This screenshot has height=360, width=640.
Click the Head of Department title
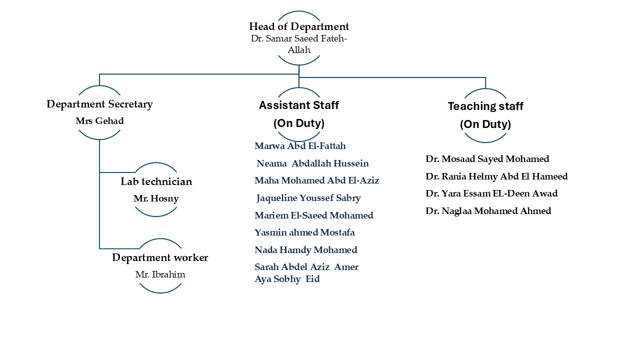(299, 26)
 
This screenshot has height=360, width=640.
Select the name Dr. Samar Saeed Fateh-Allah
(299, 44)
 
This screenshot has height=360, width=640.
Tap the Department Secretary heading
(99, 104)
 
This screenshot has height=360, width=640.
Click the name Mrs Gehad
(99, 121)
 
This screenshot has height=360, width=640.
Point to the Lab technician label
(156, 181)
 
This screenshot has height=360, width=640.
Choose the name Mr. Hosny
(156, 198)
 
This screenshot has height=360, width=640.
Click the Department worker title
(160, 257)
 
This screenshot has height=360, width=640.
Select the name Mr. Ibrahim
(160, 274)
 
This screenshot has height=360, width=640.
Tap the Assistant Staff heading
(299, 105)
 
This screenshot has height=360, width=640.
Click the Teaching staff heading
(485, 106)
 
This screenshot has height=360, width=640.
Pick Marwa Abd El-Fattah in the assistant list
(300, 146)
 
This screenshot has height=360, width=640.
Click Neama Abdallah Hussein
(312, 163)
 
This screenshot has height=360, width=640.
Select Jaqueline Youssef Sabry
(308, 198)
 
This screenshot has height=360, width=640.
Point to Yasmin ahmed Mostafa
(304, 232)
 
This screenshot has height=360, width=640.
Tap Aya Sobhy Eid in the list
(287, 279)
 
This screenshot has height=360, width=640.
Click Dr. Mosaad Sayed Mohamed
(487, 159)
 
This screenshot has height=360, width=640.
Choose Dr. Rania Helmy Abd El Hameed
(496, 176)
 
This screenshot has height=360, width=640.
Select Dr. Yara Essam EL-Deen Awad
(491, 193)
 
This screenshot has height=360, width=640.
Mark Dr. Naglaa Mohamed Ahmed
(488, 211)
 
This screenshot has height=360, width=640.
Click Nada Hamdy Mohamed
(305, 250)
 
